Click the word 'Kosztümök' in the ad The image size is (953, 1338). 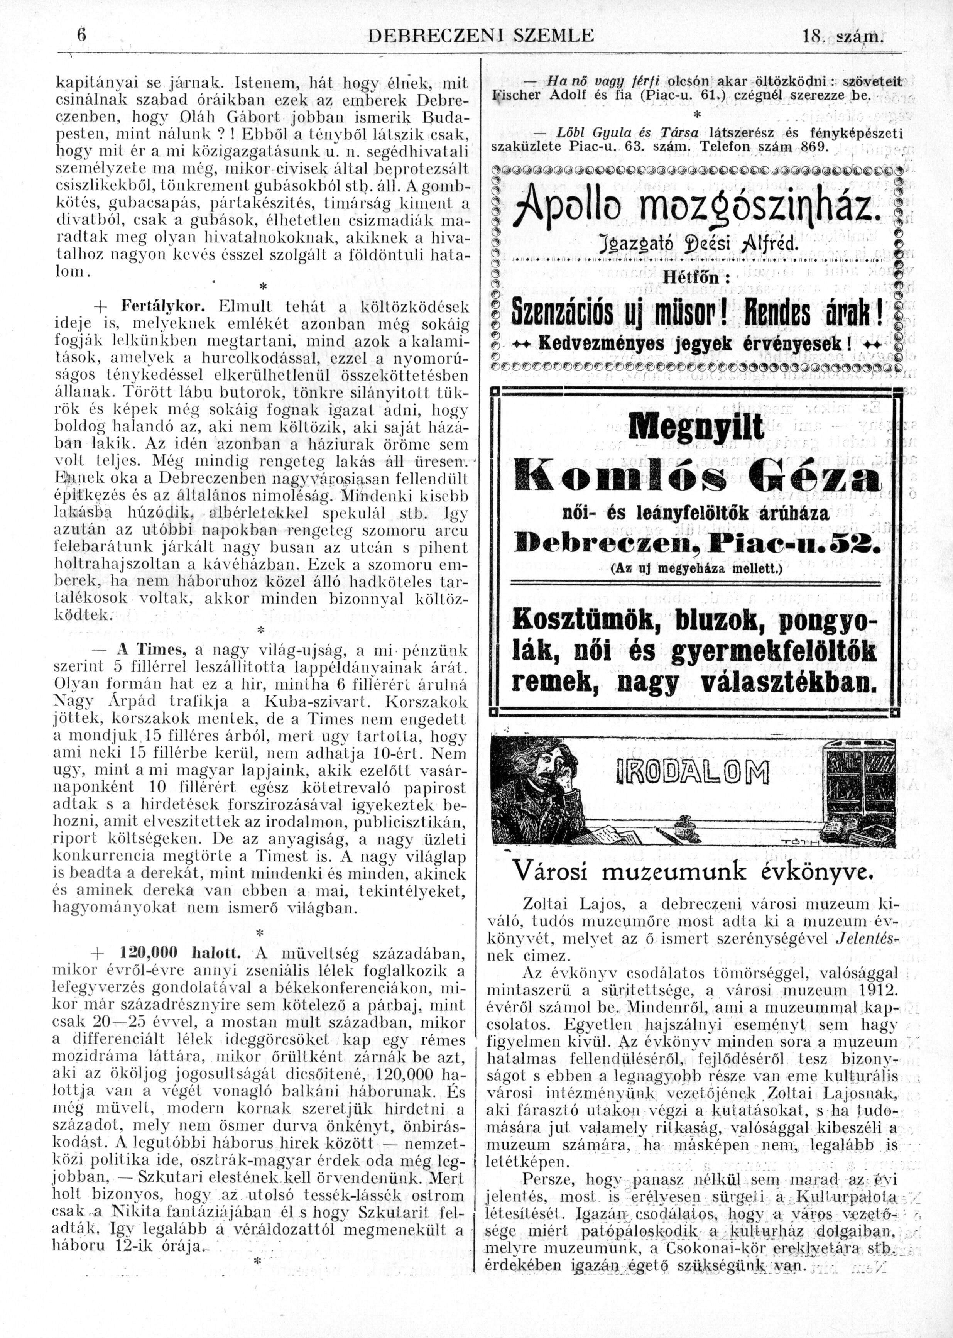click(x=587, y=620)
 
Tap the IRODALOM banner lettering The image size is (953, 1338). click(x=693, y=773)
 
